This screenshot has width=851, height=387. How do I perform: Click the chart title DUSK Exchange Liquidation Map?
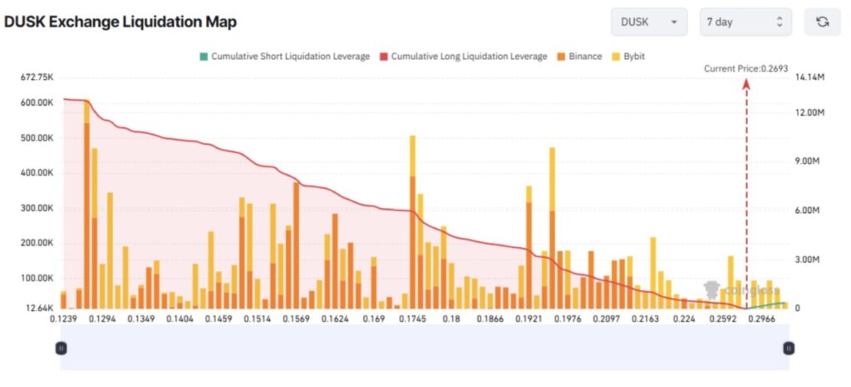[x=121, y=22]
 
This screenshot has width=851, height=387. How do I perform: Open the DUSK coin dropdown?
[x=648, y=22]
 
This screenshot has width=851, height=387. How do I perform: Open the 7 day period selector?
[x=745, y=22]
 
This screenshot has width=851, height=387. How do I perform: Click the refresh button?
[x=822, y=22]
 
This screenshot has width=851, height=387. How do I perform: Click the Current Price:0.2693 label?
[x=745, y=68]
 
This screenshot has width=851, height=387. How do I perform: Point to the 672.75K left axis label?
[x=37, y=77]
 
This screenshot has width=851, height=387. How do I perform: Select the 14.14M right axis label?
[x=809, y=77]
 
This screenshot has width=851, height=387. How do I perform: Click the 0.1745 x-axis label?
[x=412, y=319]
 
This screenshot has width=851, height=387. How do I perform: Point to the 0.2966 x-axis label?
[x=760, y=319]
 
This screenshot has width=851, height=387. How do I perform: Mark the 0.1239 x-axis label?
[x=62, y=319]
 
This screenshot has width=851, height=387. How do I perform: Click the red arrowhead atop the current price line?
[x=746, y=82]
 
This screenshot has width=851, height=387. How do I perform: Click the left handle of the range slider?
[x=61, y=348]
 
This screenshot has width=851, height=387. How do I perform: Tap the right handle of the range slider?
[x=789, y=348]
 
